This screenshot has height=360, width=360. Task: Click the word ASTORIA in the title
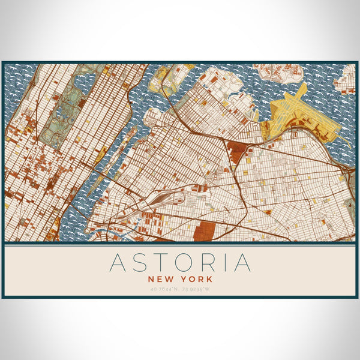coord(180,263)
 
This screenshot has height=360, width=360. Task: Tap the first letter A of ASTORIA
coord(119,263)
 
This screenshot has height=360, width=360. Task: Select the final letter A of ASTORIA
coord(242,263)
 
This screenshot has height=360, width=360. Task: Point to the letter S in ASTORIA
coord(139,263)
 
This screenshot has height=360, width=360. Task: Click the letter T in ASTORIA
coord(157,263)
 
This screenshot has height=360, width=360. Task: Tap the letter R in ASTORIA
coord(202,263)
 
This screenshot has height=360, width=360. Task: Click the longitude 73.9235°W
coord(197,289)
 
